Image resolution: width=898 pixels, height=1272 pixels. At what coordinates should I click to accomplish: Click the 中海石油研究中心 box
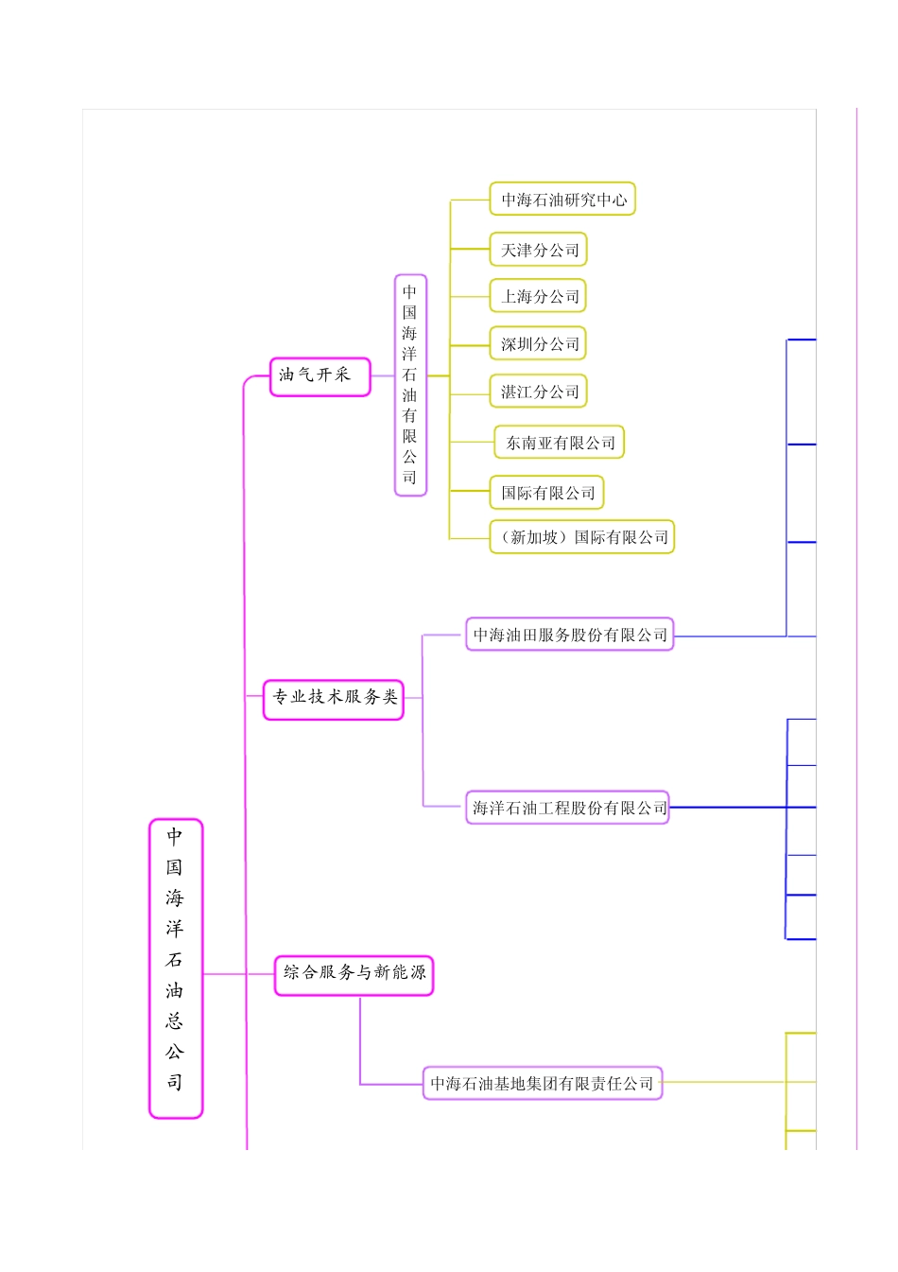click(x=562, y=200)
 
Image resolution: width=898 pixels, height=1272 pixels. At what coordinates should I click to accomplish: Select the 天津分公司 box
click(x=539, y=250)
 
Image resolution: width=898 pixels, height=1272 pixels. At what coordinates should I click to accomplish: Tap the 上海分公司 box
click(x=539, y=296)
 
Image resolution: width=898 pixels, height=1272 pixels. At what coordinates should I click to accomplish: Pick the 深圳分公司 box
click(x=539, y=343)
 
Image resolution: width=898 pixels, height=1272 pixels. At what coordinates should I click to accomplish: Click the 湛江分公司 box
click(x=539, y=392)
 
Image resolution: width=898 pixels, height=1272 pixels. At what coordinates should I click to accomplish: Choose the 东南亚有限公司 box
click(x=560, y=443)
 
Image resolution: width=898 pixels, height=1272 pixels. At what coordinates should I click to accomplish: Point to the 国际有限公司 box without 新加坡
click(x=547, y=493)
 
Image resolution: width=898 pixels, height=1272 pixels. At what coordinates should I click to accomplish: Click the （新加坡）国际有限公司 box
click(x=582, y=537)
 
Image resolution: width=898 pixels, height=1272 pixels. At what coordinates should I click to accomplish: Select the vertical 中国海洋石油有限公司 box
click(x=410, y=385)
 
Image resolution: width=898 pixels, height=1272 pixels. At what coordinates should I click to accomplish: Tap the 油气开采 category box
click(x=319, y=376)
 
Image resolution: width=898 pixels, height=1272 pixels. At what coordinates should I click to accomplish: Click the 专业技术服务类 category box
click(x=334, y=699)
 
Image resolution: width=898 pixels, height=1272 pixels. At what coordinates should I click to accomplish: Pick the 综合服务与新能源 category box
click(x=354, y=975)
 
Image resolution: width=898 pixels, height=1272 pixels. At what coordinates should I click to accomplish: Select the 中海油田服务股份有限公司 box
click(x=569, y=635)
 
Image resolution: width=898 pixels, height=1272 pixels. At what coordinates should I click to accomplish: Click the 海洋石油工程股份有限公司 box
click(x=568, y=808)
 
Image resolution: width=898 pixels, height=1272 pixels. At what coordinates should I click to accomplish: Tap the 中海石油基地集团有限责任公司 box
click(x=543, y=1083)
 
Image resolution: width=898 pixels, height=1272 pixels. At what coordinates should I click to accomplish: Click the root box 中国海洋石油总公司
click(x=176, y=967)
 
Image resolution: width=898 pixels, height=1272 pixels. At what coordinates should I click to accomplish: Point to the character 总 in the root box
click(x=175, y=1020)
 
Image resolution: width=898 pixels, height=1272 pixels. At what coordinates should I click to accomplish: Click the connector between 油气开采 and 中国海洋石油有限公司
click(x=382, y=376)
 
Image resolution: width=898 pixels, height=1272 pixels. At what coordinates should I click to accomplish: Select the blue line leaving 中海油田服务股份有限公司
click(x=728, y=636)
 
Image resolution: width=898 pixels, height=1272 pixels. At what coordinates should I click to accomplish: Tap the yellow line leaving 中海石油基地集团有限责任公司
click(x=723, y=1082)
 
